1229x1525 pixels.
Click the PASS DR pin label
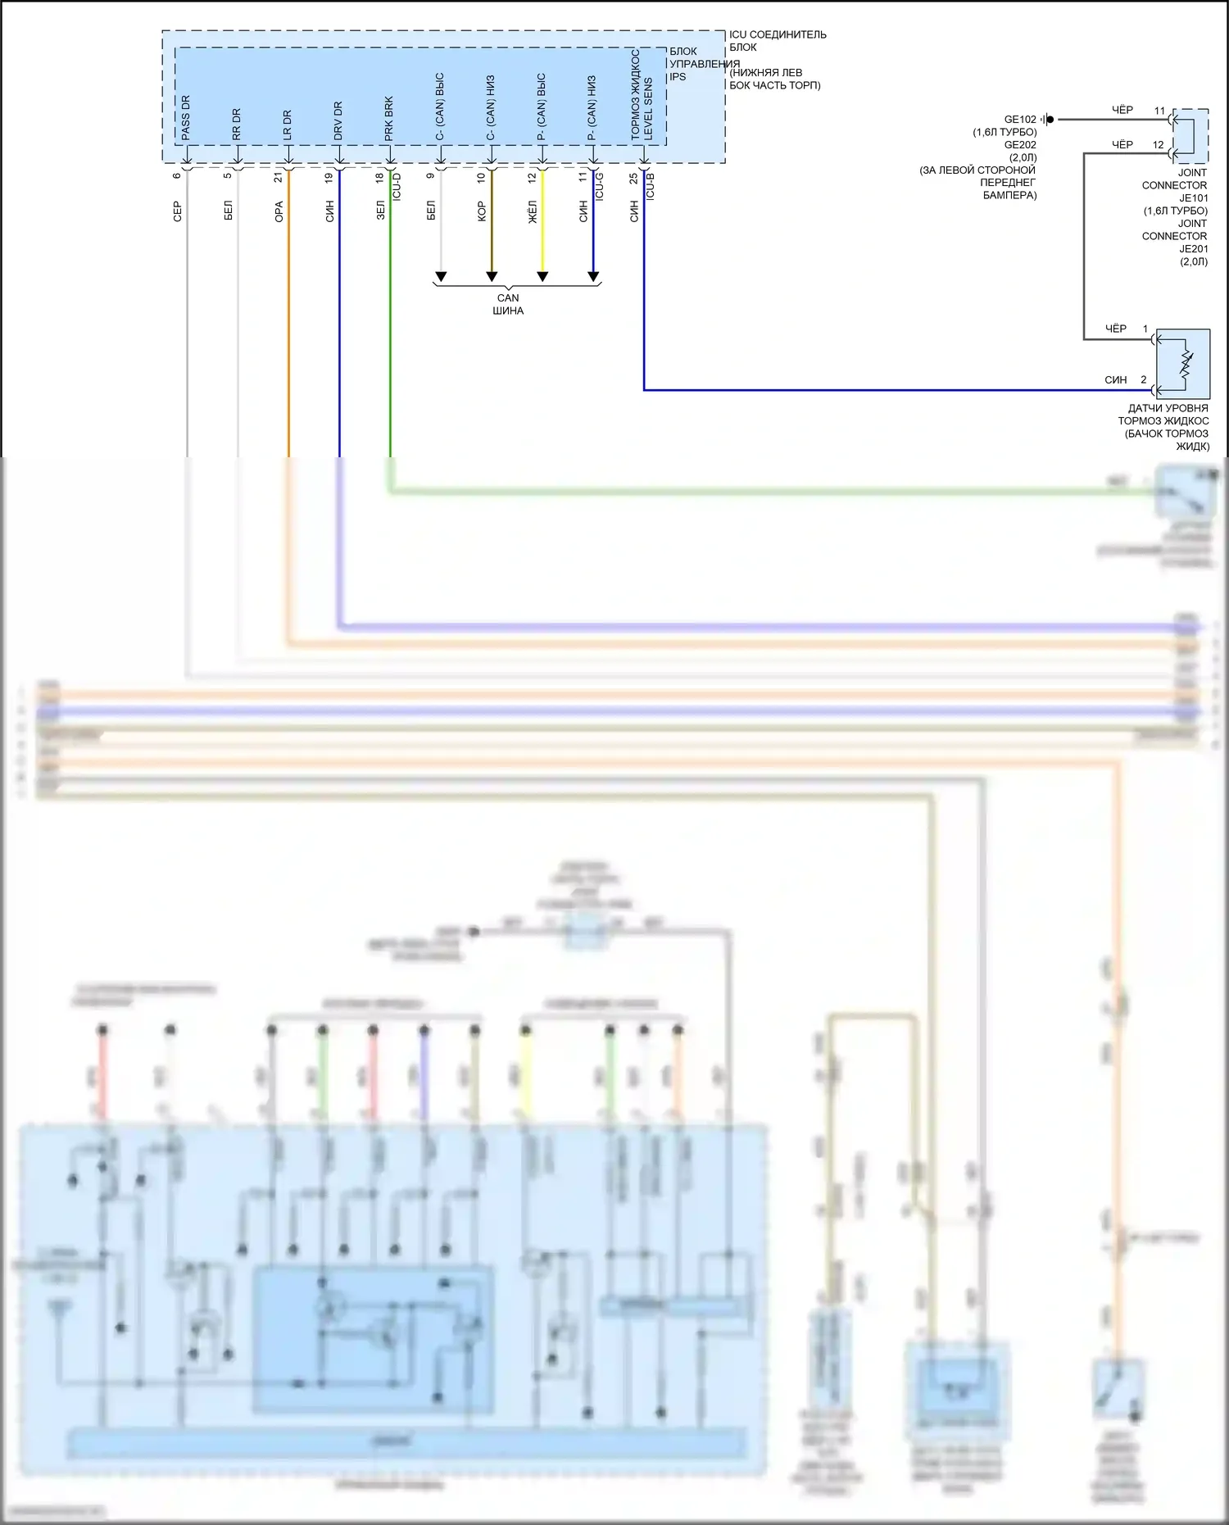coord(185,117)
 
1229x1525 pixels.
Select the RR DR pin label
coord(236,124)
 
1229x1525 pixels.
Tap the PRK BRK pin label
coord(389,118)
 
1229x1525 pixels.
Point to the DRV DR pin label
coord(338,120)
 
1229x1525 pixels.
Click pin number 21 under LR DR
coord(279,176)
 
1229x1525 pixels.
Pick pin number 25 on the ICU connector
coord(633,177)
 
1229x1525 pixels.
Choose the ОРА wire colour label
coord(279,211)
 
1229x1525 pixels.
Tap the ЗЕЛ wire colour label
coord(380,211)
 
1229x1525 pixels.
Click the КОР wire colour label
coord(482,211)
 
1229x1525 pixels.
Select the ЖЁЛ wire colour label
coord(533,211)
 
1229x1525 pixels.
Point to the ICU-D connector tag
coord(397,187)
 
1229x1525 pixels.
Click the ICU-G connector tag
coord(600,187)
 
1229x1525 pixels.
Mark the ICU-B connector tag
coord(651,187)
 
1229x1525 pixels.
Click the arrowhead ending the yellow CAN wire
coord(542,276)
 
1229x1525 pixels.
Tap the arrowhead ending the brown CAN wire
coord(492,276)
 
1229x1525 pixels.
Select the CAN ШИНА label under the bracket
coord(508,304)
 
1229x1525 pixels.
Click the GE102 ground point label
coord(1020,120)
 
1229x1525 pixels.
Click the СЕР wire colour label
coord(177,211)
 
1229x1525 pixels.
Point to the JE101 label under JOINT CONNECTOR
coord(1193,198)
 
